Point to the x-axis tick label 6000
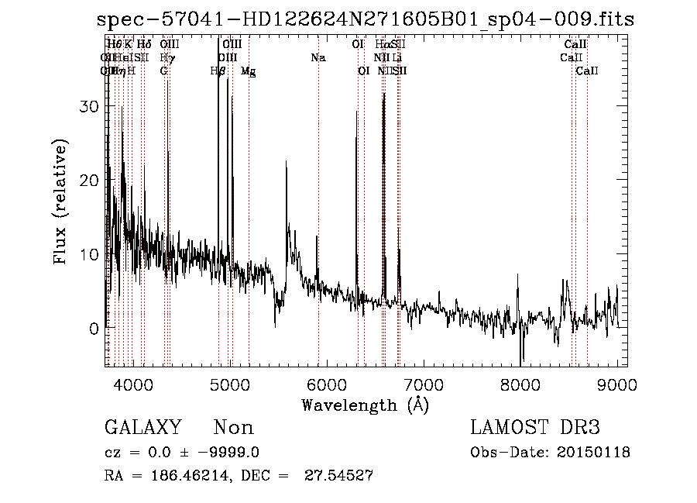point(326,385)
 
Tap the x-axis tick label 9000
point(617,385)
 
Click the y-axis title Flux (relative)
point(61,202)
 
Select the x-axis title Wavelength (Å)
point(365,405)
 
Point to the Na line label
point(318,57)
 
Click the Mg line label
point(248,71)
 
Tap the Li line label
point(397,57)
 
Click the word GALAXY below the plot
point(143,428)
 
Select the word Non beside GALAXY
point(233,428)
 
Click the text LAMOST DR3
point(535,428)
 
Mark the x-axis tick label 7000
point(423,385)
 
